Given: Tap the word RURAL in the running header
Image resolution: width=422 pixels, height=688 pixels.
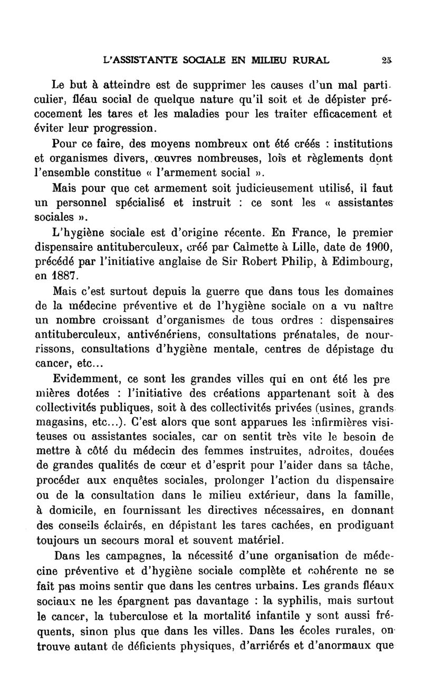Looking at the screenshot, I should (307, 60).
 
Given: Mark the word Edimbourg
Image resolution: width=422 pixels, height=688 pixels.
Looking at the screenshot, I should (361, 261).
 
